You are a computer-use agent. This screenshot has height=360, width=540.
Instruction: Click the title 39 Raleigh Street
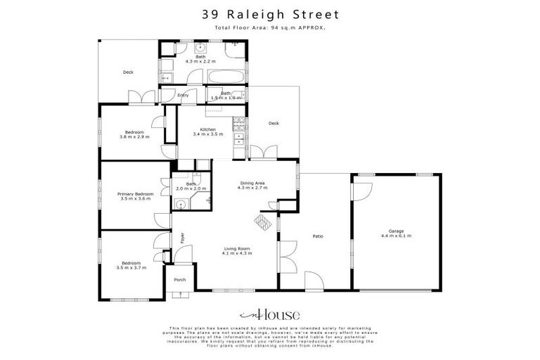coord(270,13)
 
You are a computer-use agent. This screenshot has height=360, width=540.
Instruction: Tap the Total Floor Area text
coord(270,27)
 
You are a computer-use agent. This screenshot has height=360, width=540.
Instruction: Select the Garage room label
coord(397,231)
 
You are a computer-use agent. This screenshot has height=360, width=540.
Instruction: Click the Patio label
coord(317,236)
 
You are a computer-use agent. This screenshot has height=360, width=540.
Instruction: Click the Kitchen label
coord(207,129)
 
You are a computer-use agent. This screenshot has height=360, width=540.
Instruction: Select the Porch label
coord(179,279)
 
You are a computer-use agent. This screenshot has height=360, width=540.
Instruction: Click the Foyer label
coord(182,238)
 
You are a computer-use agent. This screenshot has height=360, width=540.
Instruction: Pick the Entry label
coord(183,95)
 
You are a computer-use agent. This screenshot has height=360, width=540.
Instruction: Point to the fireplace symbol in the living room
coord(262,222)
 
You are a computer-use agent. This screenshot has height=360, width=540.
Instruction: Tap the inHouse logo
coord(270,315)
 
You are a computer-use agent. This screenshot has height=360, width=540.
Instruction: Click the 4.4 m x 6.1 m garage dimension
coord(397,236)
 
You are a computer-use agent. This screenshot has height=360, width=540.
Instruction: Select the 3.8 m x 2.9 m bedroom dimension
coord(134,137)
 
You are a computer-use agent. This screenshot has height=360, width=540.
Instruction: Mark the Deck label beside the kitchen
coord(274,123)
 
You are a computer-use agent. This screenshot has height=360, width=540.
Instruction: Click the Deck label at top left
coord(128,72)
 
